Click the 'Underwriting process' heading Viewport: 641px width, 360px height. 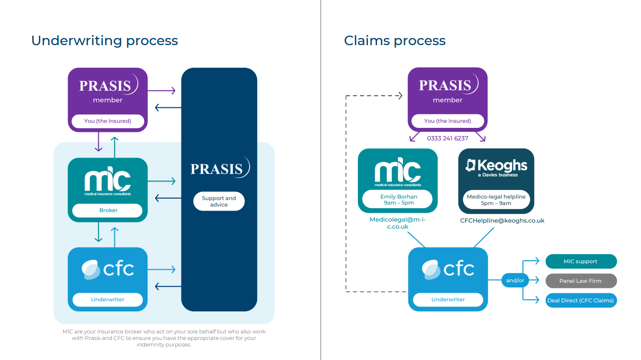(x=104, y=41)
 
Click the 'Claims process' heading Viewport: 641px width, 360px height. (x=394, y=41)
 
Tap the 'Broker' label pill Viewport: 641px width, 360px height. (x=107, y=210)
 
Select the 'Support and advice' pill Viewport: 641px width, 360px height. (x=219, y=202)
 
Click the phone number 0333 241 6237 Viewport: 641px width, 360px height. (x=448, y=138)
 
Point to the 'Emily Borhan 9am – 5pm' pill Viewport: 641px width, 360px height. (x=397, y=200)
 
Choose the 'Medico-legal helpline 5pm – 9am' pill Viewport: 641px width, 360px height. (x=496, y=200)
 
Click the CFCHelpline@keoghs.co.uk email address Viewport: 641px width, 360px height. (x=502, y=221)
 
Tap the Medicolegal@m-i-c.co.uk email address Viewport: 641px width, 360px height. (x=398, y=223)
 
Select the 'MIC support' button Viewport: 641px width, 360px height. (x=581, y=261)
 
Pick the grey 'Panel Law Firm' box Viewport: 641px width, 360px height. (x=581, y=281)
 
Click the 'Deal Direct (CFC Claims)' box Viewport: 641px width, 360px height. (x=581, y=300)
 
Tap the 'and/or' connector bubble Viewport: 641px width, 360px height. (x=515, y=280)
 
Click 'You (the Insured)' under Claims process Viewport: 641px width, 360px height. (x=448, y=121)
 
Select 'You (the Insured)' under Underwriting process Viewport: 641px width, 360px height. (x=108, y=121)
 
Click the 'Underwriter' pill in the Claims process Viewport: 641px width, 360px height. (x=448, y=299)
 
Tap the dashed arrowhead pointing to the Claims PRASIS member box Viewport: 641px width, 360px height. (x=400, y=96)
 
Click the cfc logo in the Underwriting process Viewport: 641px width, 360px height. (x=108, y=269)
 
